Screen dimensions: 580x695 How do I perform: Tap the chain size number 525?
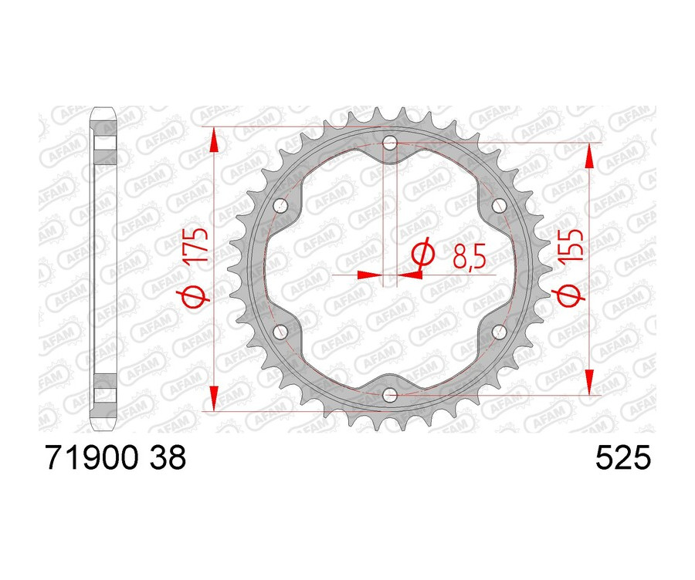tap(623, 460)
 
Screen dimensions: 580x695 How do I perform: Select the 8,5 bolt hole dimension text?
tap(470, 255)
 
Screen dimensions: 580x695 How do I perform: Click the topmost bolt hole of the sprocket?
tap(390, 143)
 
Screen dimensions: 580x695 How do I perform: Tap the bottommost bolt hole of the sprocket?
tap(390, 396)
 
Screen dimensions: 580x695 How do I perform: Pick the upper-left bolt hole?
tap(281, 207)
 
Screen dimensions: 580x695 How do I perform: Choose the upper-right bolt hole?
tap(499, 207)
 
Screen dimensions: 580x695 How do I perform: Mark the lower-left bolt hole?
tap(281, 332)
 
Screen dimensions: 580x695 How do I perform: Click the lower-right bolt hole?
tap(499, 332)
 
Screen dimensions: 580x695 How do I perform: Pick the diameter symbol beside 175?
tap(197, 294)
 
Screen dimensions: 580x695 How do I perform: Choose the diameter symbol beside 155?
tap(572, 294)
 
